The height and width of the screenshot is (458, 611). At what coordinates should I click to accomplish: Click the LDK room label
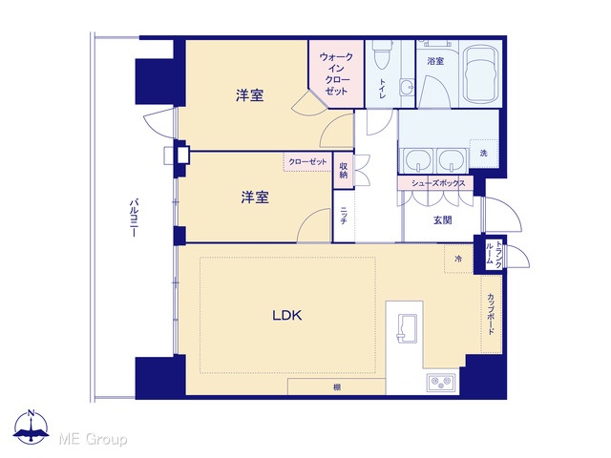pos(287,315)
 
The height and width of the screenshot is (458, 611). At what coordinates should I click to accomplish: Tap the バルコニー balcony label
pos(134,219)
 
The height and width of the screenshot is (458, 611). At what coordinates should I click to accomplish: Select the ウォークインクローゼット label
pos(336,74)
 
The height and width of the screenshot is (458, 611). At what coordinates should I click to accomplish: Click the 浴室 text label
pos(435,61)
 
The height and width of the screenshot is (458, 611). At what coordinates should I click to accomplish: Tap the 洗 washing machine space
pos(484,153)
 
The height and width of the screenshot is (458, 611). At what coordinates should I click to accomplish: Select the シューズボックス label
pos(438,183)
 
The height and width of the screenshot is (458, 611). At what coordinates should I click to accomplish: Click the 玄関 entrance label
pos(443,220)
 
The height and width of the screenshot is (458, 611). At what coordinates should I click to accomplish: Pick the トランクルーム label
pos(494,254)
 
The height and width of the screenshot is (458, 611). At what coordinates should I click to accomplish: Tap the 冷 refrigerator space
pos(458,259)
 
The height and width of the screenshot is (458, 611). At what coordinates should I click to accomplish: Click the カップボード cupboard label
pos(491,314)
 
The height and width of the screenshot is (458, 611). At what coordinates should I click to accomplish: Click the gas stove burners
pos(441,382)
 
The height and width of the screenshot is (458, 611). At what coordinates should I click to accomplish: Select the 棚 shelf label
pos(337,387)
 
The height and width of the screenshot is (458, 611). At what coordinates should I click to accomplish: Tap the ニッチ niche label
pos(344,216)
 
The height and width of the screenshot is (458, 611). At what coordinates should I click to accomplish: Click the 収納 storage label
pos(344,170)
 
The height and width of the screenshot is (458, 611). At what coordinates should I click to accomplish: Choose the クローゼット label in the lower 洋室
pos(307,161)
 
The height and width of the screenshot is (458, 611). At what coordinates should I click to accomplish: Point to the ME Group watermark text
pos(93,439)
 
